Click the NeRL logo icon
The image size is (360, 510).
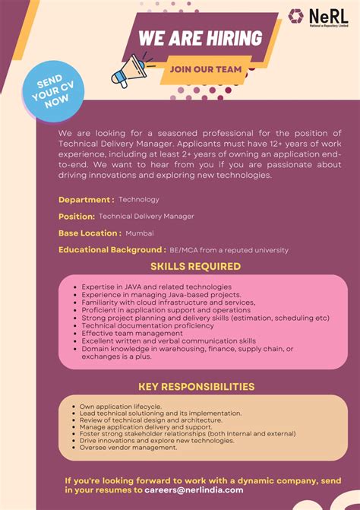(x=295, y=16)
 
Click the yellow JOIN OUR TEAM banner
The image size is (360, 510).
(x=206, y=69)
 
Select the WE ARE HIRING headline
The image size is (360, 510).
(x=200, y=38)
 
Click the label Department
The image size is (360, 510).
(x=86, y=200)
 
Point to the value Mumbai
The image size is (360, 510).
(x=140, y=233)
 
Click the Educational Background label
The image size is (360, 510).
(x=112, y=250)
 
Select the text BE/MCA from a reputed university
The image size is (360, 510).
(x=229, y=250)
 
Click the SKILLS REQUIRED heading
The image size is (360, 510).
(x=195, y=267)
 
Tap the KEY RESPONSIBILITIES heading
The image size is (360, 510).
(x=196, y=387)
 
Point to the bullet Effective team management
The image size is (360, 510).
(x=132, y=333)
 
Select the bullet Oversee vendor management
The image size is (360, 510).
(x=128, y=448)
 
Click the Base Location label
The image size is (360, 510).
(x=89, y=233)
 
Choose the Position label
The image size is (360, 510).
(x=77, y=217)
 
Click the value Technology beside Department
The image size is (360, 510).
(x=139, y=200)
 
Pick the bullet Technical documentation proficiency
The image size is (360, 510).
(x=148, y=325)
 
